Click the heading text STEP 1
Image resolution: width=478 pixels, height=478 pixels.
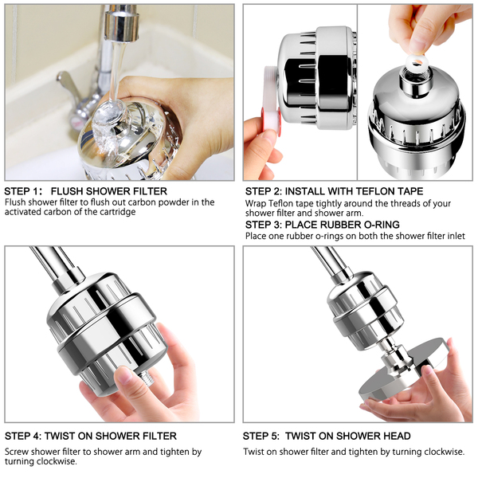[23, 191]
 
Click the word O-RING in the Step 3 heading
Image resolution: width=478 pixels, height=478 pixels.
[382, 225]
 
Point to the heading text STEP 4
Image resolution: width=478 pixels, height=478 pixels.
[23, 436]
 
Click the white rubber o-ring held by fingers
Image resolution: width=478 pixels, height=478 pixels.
[416, 61]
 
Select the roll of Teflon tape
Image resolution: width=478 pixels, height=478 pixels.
[272, 100]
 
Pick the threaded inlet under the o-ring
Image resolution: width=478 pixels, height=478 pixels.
[415, 80]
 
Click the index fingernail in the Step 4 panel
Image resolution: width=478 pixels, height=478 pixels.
[125, 376]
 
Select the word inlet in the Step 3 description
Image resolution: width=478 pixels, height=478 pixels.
[456, 236]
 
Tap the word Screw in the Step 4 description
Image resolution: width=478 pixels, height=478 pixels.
[17, 452]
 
